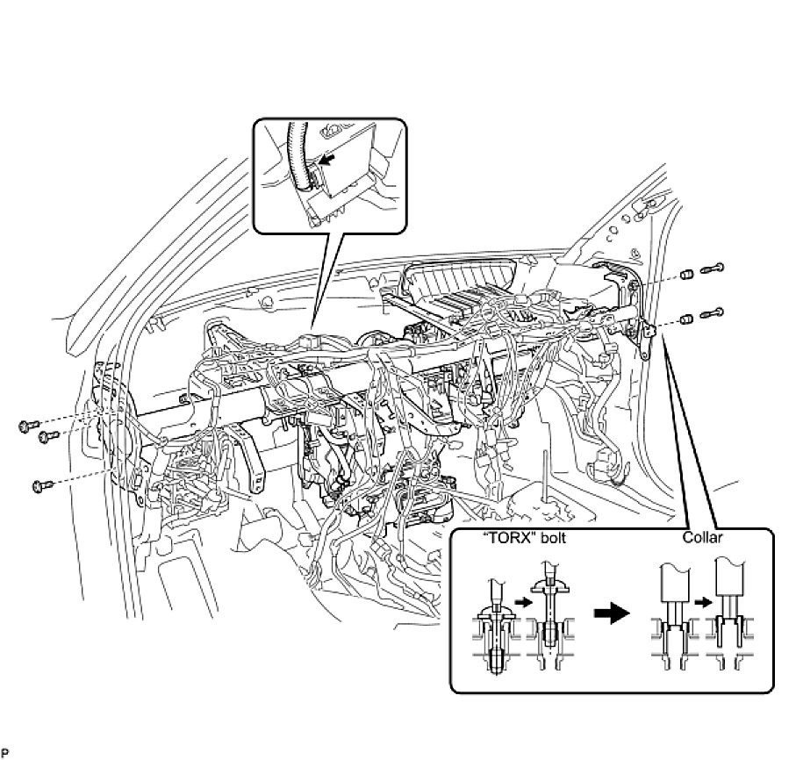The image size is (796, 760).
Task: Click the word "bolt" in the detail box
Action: (549, 538)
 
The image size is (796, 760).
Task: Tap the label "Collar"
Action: (702, 537)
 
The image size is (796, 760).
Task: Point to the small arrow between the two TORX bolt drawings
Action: (521, 603)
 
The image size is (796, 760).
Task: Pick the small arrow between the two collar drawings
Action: (702, 603)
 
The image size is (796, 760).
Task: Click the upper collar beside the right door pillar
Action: (689, 276)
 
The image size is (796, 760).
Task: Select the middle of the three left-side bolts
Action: (49, 436)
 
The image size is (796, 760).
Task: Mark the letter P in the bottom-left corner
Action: (4, 753)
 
